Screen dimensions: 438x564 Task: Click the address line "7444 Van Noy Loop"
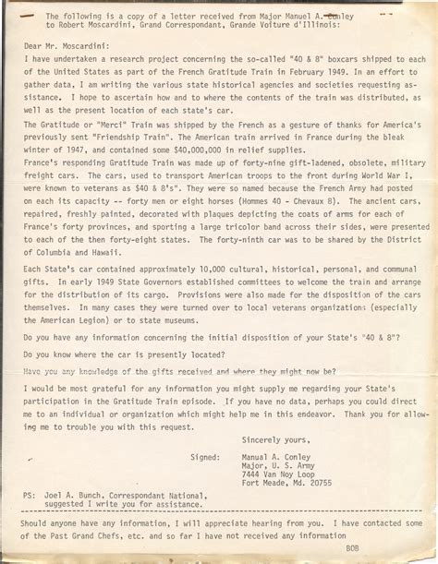coord(278,473)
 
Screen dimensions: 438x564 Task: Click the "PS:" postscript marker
coord(30,495)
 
